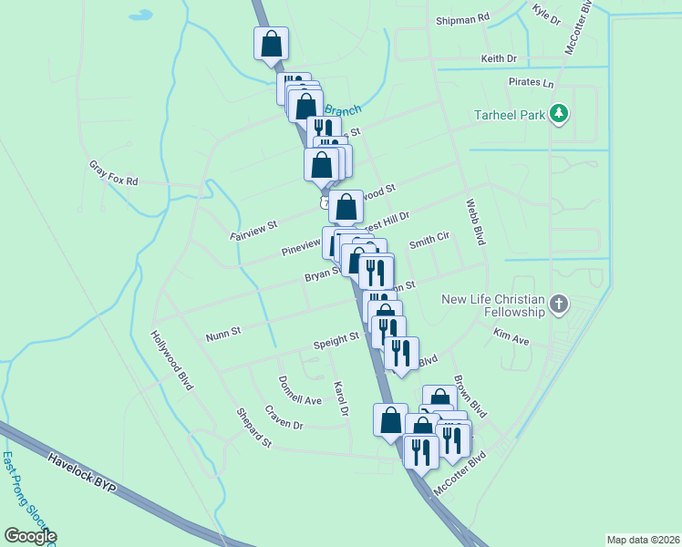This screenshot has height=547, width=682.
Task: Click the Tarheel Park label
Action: pos(509,115)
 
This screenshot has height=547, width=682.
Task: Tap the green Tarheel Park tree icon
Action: pos(560,115)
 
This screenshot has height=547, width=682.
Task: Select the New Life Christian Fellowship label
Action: pos(492,305)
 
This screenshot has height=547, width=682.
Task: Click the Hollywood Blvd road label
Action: pos(172,360)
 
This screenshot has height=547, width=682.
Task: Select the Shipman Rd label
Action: pos(462,17)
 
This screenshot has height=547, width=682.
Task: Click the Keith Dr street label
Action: pos(499,59)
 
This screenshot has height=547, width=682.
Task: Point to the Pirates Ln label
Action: pos(531,83)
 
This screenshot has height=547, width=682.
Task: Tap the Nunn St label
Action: pos(222,332)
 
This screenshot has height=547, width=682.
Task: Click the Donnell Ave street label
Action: pos(300,390)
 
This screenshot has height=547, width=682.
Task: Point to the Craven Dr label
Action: pos(284,418)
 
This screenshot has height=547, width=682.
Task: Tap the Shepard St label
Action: pos(254,428)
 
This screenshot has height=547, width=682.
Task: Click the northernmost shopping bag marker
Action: pos(271,44)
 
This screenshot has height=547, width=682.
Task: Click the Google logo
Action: pos(29,536)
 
